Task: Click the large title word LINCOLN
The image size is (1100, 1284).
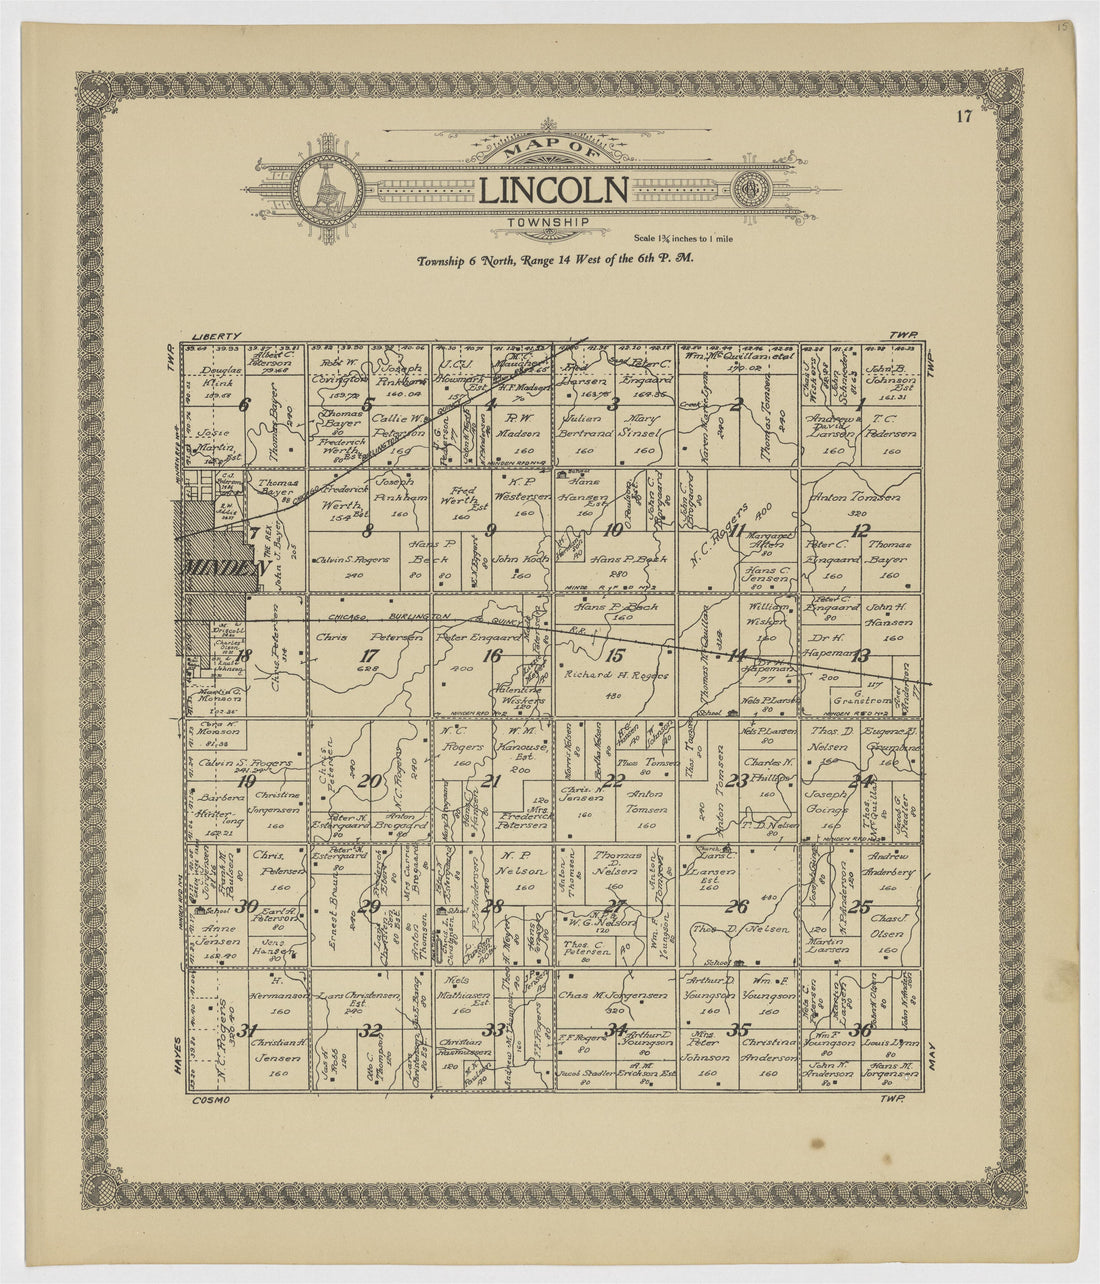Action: pos(553,190)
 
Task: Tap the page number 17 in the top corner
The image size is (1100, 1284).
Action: pos(963,117)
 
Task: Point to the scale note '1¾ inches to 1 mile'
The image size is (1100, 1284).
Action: pos(684,238)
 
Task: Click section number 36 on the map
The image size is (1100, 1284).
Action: pos(859,1031)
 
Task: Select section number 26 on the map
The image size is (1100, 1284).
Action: pos(737,907)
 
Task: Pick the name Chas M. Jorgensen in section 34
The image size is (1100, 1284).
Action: pos(613,995)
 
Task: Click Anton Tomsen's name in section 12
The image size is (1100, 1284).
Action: pos(855,497)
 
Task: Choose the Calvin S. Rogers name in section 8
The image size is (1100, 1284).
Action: pos(352,560)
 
